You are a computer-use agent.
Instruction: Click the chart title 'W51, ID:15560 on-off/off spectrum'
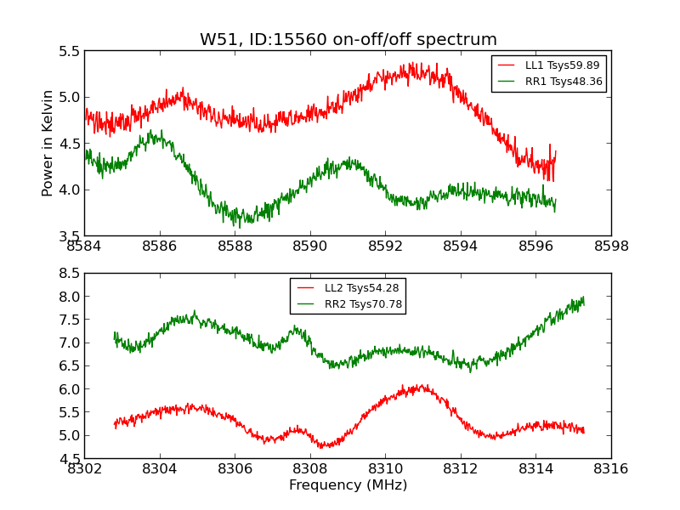(348, 39)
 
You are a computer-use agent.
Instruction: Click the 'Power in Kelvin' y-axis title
(48, 143)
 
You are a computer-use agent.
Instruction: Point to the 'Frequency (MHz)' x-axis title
(348, 485)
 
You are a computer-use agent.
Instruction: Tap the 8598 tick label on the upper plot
(611, 246)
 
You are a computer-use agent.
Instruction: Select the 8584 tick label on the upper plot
(84, 246)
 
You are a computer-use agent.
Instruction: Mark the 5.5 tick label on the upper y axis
(71, 51)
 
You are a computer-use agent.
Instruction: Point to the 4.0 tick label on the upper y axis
(71, 190)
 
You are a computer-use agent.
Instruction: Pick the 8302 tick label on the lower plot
(84, 468)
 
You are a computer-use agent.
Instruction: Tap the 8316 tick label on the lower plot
(611, 468)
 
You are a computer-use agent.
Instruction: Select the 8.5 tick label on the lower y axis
(71, 274)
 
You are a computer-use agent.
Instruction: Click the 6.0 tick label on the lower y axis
(71, 389)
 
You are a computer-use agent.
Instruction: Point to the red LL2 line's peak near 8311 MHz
(422, 387)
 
